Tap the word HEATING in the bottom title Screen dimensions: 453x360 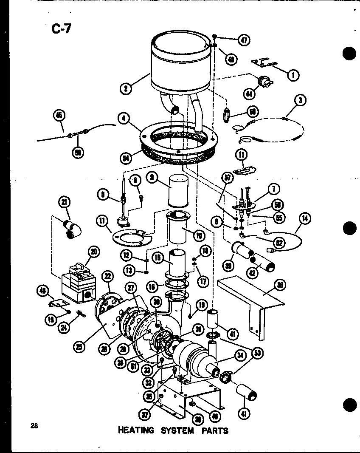coord(136,430)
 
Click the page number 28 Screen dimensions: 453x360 coord(34,426)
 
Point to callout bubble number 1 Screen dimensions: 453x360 coord(293,75)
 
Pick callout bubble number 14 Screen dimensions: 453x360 coord(305,219)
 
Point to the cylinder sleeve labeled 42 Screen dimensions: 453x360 coord(264,263)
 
